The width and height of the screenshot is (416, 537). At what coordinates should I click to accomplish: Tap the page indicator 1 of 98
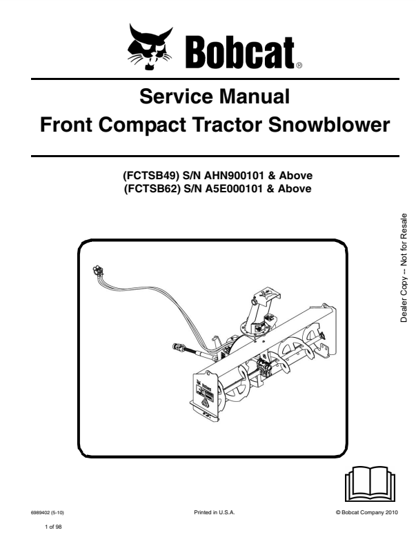(54, 525)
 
